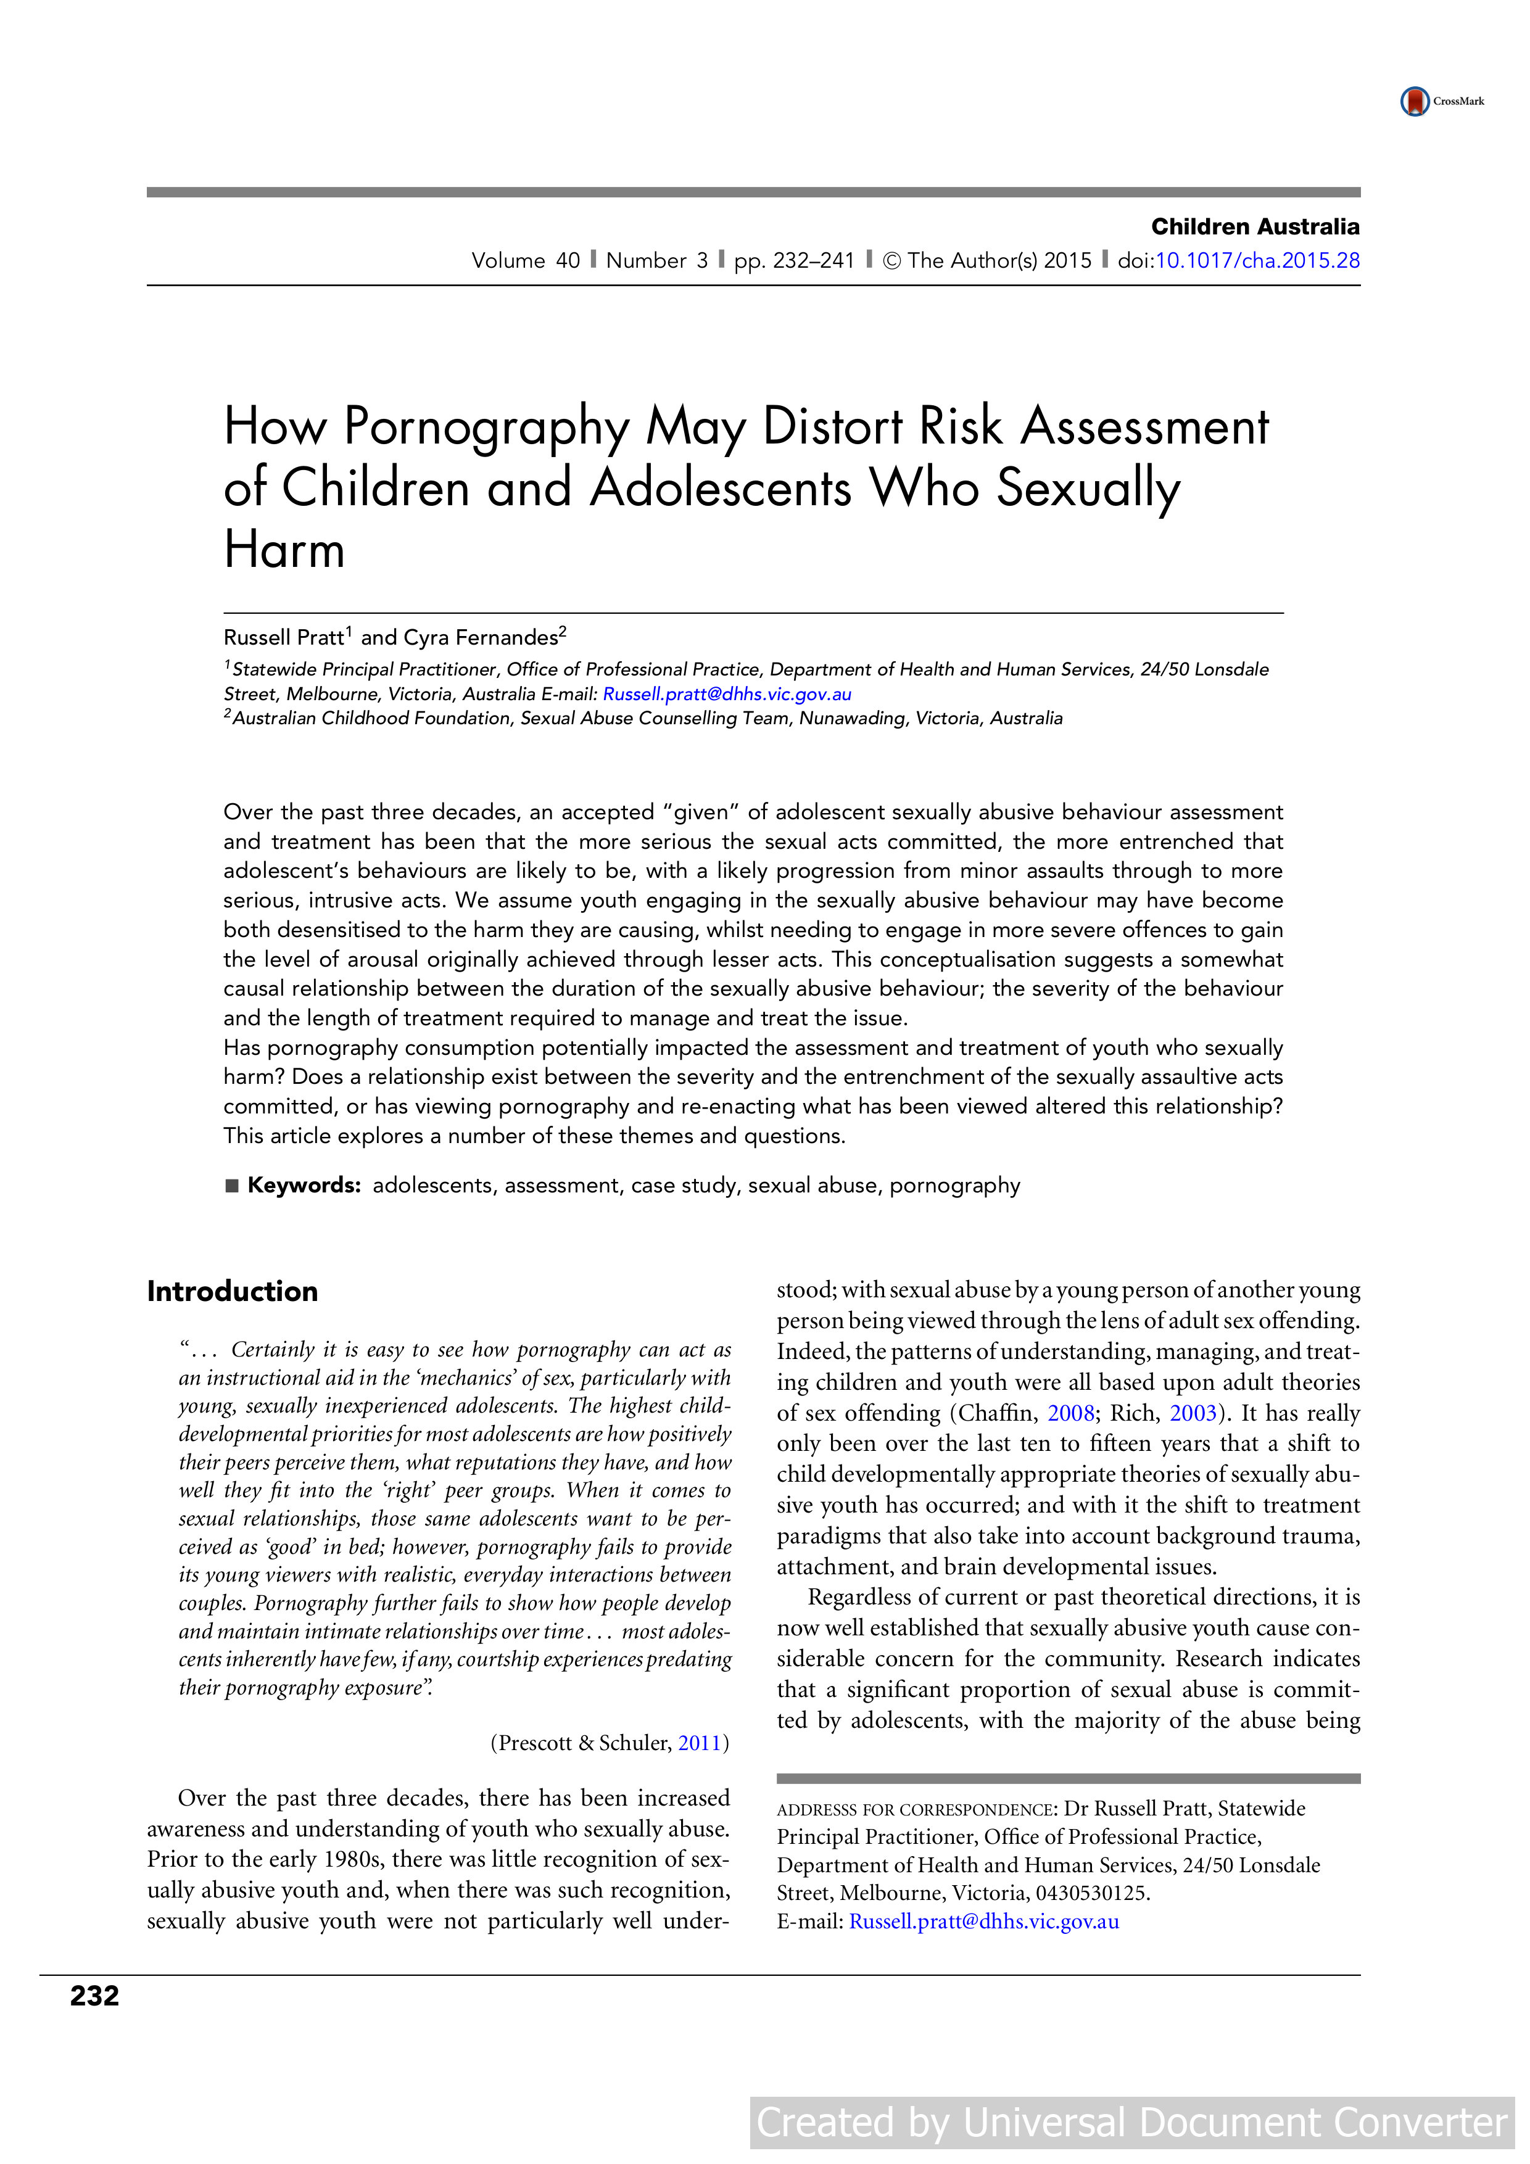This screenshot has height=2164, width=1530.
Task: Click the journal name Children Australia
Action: click(x=1255, y=227)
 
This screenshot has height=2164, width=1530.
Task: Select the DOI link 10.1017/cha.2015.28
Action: click(x=1257, y=261)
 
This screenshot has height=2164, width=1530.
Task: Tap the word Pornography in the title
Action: click(x=486, y=427)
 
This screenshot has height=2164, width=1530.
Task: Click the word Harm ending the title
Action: click(x=284, y=550)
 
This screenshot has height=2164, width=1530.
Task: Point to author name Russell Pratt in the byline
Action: click(x=283, y=638)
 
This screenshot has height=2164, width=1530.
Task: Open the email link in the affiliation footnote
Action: click(x=727, y=695)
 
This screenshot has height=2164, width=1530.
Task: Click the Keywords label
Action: click(x=304, y=1186)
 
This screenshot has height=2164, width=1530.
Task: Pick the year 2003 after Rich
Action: click(x=1193, y=1414)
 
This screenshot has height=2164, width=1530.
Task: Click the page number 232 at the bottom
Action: click(x=94, y=1996)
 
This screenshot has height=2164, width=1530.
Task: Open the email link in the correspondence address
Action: click(x=984, y=1922)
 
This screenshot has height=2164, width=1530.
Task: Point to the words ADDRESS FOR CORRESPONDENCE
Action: click(x=914, y=1811)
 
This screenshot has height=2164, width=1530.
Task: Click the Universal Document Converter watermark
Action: click(x=1131, y=2123)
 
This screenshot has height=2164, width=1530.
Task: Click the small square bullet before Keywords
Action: click(x=232, y=1187)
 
